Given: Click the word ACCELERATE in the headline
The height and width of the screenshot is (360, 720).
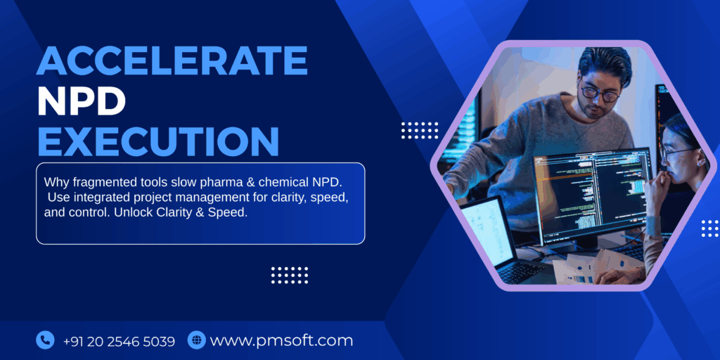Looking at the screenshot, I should coord(172,62).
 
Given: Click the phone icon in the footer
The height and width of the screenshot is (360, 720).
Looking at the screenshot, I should coord(45,341).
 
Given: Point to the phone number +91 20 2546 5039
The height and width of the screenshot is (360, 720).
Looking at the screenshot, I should coord(119,342).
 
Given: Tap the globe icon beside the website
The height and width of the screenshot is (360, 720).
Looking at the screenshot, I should coord(196,341).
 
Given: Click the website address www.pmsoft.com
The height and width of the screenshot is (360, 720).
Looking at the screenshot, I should coord(281,342).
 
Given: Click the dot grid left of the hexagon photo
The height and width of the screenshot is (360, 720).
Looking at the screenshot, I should coord(419,130).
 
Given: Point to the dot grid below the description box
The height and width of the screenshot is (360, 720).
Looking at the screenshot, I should coord(290,275).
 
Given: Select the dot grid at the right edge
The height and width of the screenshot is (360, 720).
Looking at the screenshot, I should coord(710,228).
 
